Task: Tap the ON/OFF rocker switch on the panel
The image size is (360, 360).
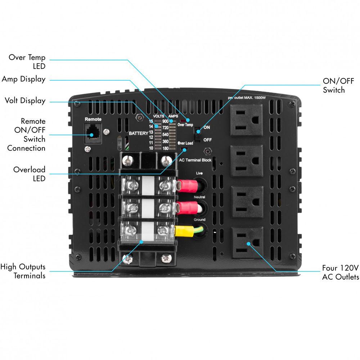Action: pos(197,134)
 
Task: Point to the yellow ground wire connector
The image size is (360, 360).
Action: pos(184,230)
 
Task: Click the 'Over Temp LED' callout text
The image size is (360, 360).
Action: pos(27,62)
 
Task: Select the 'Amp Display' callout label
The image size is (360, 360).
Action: pos(24,79)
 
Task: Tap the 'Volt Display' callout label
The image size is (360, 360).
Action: pos(25,100)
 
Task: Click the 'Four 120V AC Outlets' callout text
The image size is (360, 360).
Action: pos(341,273)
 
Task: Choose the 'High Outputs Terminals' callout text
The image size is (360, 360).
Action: pos(23,271)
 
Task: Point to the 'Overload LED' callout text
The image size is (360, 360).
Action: pos(30,174)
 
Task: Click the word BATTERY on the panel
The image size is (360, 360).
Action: pos(139,133)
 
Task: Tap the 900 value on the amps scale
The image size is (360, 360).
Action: pos(166,121)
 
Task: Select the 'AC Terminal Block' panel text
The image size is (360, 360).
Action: pos(195,160)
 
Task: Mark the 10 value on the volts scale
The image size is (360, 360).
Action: pos(151,148)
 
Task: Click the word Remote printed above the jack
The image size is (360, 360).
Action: pos(93,119)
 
